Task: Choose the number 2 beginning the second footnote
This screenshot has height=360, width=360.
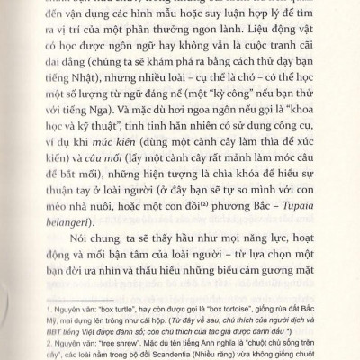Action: [53, 341]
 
